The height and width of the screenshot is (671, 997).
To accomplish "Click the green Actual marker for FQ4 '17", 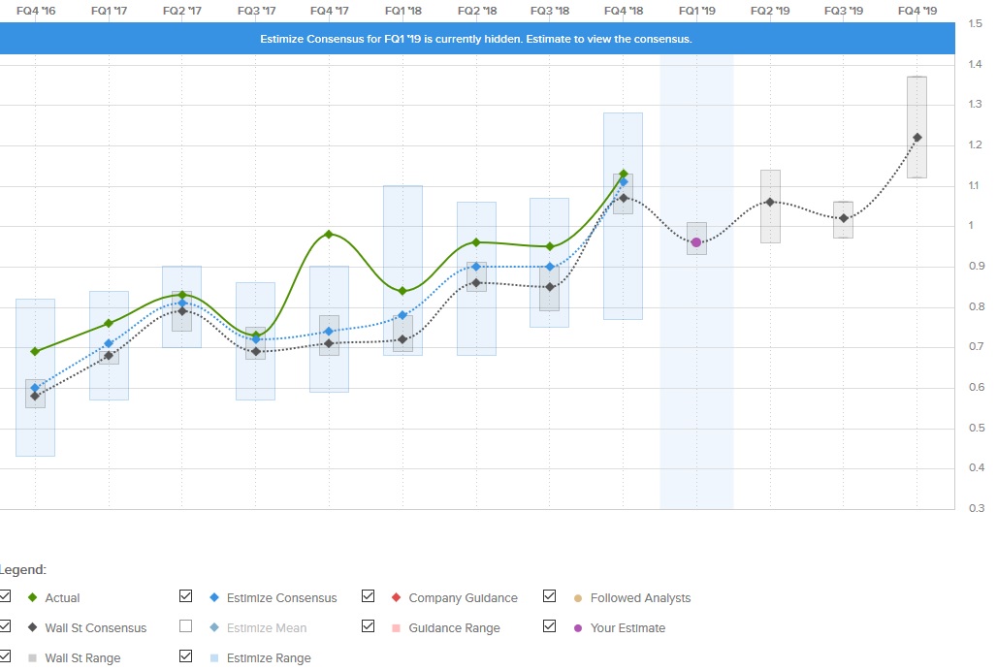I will click(329, 234).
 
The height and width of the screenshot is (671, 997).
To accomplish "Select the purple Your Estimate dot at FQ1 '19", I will click(696, 242).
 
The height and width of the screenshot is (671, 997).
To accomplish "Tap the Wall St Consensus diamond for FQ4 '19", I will click(917, 138).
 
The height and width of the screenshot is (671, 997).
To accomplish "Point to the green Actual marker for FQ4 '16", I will click(35, 351).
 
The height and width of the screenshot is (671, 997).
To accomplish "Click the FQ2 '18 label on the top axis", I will click(475, 11).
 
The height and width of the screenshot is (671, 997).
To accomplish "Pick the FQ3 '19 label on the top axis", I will click(843, 11).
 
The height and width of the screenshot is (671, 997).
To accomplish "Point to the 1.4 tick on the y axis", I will click(975, 64).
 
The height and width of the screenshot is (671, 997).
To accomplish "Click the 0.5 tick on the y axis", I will click(975, 428).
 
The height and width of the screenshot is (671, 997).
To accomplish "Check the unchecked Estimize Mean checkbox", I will click(186, 627).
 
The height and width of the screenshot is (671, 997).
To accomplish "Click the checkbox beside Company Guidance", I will click(368, 597).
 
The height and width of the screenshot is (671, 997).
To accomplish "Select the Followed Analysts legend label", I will click(640, 598).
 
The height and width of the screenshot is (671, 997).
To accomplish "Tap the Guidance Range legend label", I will click(454, 628).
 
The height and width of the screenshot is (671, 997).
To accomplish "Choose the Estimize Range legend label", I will click(269, 658).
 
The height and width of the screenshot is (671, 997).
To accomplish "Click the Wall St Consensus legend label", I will click(95, 628).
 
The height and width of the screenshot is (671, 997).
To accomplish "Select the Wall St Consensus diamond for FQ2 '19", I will click(770, 202).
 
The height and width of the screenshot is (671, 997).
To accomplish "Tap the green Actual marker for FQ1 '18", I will click(402, 291).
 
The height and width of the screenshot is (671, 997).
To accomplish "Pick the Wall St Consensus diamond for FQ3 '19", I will click(844, 218).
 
